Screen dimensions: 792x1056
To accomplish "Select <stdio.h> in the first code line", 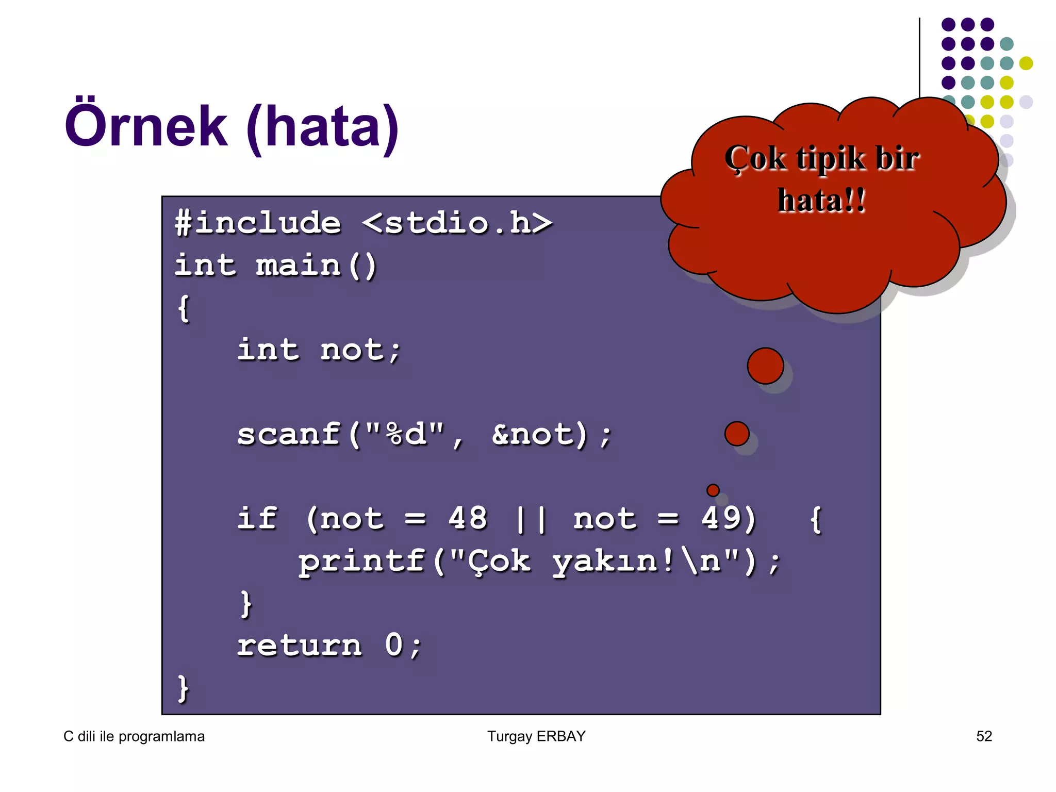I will [x=457, y=223].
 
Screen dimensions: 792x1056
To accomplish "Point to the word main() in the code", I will [x=316, y=266].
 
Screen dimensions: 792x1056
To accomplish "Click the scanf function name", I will [x=289, y=434].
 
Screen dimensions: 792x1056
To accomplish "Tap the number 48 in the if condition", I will [x=467, y=518].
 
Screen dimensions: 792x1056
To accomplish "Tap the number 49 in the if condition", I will [x=721, y=518].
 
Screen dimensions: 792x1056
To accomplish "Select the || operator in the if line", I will [x=531, y=519].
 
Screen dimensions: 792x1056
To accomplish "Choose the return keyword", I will [x=300, y=646].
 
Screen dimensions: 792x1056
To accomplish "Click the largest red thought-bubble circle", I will [x=765, y=366].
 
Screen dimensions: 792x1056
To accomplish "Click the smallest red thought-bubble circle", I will [x=713, y=490].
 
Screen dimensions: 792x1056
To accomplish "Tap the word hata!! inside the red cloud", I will [x=821, y=200].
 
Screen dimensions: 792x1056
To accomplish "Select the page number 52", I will [x=984, y=736].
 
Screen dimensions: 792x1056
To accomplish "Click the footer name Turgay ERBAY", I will [x=536, y=736].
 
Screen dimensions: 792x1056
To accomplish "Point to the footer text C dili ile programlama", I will [x=134, y=736].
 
